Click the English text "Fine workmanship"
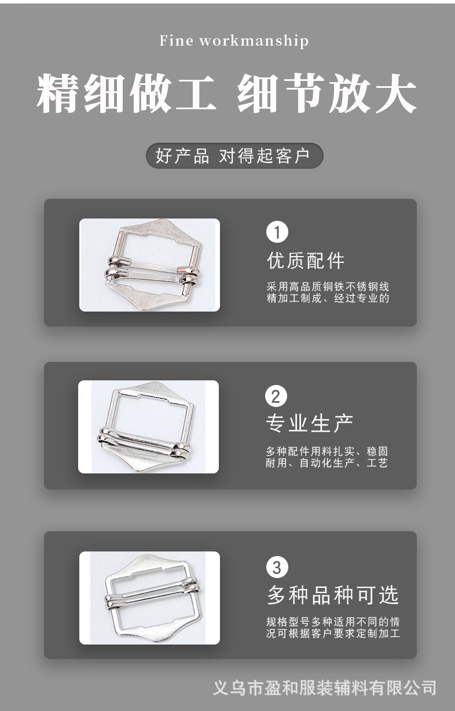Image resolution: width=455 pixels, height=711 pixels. pos(234,41)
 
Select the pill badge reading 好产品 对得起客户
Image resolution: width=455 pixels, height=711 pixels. pos(234,156)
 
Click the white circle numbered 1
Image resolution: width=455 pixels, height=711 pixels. pos(277,232)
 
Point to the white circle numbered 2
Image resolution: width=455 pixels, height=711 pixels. pos(276,396)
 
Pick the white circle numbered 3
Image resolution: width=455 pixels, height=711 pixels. pos(277,567)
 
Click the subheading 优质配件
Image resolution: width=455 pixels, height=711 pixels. pos(306,261)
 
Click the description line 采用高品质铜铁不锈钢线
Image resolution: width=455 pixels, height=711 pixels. pos(328,287)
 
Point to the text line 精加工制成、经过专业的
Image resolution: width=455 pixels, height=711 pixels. pos(328,299)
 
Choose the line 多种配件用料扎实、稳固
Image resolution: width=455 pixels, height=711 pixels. pos(326,451)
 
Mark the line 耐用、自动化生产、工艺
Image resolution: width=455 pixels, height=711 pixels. pos(326,463)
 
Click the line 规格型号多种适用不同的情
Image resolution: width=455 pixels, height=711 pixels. pos(333,622)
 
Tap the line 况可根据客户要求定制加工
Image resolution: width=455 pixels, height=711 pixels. pos(333,634)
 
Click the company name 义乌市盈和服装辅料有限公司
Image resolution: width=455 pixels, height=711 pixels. pos(325,688)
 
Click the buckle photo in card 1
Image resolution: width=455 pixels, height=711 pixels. pos(149,265)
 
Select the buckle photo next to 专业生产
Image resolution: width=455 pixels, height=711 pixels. pos(148,427)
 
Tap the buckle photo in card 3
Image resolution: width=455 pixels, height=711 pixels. pos(149,598)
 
